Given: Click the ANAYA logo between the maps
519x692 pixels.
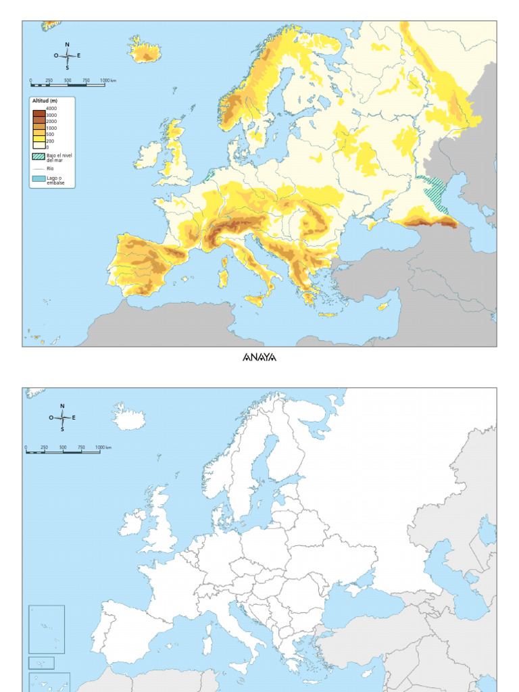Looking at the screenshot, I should point(259,357).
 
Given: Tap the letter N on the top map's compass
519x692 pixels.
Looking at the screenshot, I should point(67,45).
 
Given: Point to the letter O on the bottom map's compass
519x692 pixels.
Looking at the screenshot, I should point(51,418).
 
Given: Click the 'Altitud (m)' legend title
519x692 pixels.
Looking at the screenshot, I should point(45,101).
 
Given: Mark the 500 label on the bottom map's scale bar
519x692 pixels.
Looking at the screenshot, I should point(63,447).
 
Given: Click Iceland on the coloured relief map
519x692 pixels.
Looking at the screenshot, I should point(145,50).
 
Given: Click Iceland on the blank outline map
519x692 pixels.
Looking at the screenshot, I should point(128,417).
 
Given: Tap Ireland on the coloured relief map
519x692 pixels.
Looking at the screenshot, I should point(148,156).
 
